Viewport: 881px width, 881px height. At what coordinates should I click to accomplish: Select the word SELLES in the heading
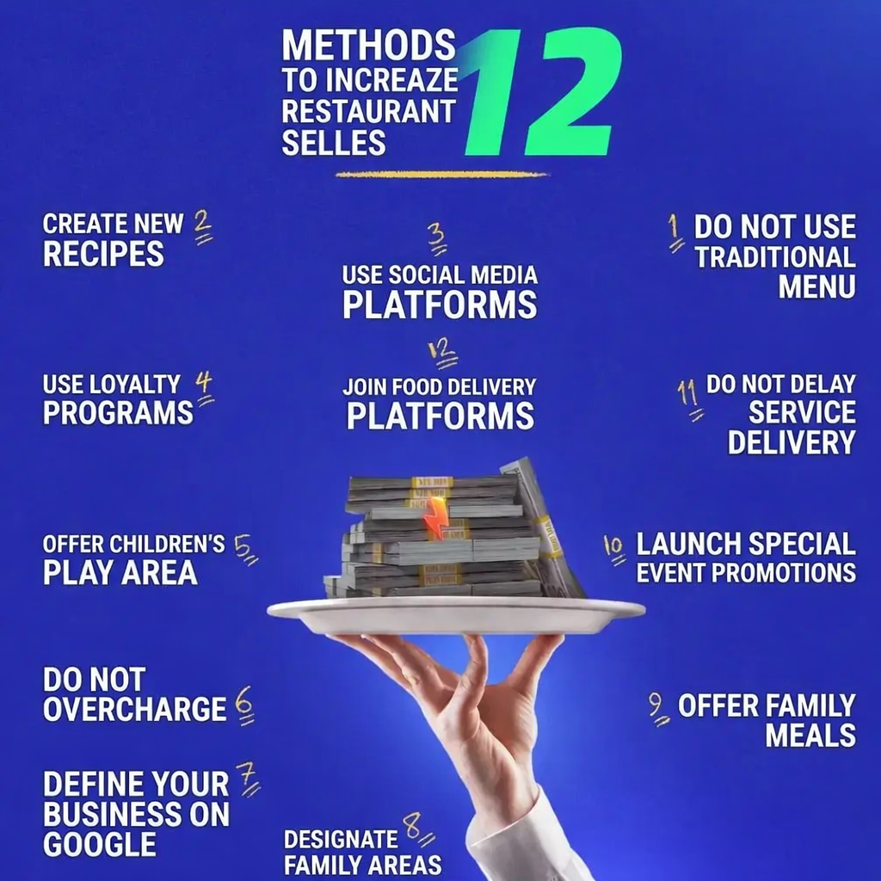click(x=334, y=142)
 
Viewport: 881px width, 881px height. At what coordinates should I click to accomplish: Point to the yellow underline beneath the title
click(x=441, y=175)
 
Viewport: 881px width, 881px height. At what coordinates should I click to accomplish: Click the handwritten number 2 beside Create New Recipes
click(x=203, y=227)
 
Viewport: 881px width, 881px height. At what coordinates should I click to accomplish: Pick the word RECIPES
click(x=103, y=254)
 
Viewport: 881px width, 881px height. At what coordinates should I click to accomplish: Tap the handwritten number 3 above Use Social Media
click(x=436, y=240)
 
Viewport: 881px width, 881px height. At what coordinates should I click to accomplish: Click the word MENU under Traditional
click(x=817, y=286)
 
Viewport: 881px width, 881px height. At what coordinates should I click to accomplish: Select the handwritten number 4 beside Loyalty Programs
click(x=205, y=389)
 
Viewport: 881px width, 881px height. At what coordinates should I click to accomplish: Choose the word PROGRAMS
click(x=118, y=413)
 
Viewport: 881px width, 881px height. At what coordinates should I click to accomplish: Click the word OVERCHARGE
click(x=135, y=709)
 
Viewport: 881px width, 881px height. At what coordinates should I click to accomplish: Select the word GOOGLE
click(x=100, y=845)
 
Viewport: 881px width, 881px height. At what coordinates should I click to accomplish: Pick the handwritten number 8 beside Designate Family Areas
click(x=418, y=830)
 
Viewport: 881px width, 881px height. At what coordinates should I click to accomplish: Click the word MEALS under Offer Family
click(x=810, y=736)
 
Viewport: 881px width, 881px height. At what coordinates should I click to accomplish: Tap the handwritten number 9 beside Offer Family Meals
click(x=658, y=709)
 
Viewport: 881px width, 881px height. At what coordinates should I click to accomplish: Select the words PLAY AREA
click(x=120, y=573)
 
